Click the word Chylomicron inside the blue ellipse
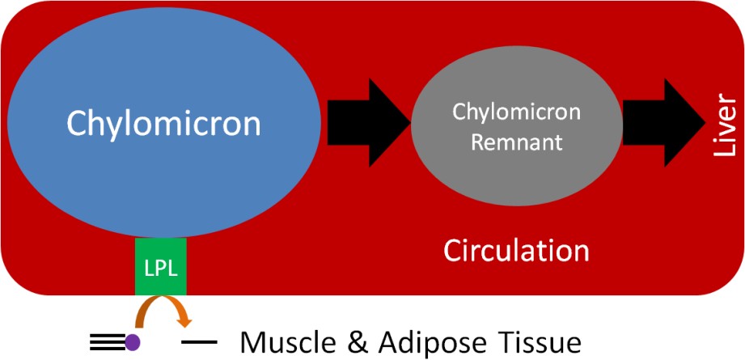pos(163,124)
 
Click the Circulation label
pos(516,250)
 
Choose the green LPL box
pos(161,266)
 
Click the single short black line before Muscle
pos(199,342)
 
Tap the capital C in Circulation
pos(453,250)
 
